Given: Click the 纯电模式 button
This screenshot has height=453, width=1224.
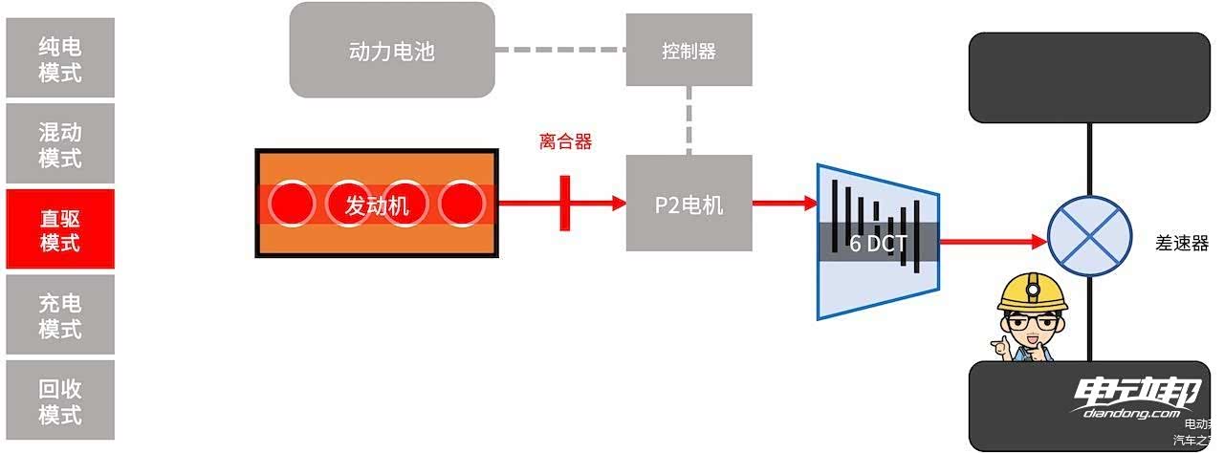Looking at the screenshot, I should pyautogui.click(x=59, y=57).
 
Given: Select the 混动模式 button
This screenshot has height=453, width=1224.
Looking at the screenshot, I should pyautogui.click(x=59, y=143).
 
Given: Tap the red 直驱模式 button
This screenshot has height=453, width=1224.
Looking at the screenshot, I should pyautogui.click(x=59, y=229).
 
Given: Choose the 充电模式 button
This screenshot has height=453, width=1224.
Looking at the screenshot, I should pyautogui.click(x=59, y=315).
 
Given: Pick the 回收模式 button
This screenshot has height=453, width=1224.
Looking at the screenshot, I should pyautogui.click(x=59, y=401).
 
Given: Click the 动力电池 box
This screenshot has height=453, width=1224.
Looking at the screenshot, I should pyautogui.click(x=392, y=50).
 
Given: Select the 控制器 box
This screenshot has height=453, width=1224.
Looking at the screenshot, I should pyautogui.click(x=688, y=50).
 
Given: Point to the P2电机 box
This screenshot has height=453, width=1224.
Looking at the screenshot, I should pyautogui.click(x=688, y=204).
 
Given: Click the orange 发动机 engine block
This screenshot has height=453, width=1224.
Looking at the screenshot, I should pyautogui.click(x=377, y=204).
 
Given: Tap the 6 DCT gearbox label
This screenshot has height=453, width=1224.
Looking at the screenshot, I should pyautogui.click(x=878, y=243).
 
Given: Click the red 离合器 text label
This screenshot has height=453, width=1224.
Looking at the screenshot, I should pyautogui.click(x=565, y=142).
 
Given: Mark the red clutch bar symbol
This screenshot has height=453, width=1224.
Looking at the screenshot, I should pyautogui.click(x=565, y=203).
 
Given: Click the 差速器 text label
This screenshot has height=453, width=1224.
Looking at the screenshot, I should pyautogui.click(x=1182, y=243).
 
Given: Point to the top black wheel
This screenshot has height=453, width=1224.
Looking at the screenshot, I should pyautogui.click(x=1090, y=78).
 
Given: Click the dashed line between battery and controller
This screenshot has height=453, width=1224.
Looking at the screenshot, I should pyautogui.click(x=560, y=50).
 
